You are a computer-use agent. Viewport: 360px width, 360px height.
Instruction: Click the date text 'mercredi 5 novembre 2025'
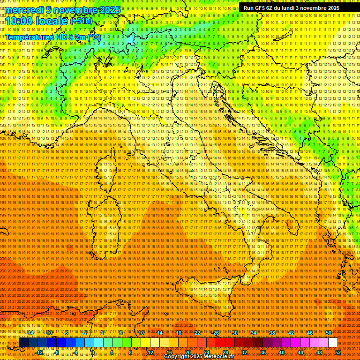[x=64, y=10]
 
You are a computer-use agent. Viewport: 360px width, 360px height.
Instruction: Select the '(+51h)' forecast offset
[x=81, y=21]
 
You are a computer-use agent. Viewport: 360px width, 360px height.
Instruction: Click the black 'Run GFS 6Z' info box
[x=292, y=8]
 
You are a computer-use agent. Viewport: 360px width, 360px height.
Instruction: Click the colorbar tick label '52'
[x=338, y=352]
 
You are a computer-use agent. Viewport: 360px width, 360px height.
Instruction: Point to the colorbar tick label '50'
[x=329, y=333]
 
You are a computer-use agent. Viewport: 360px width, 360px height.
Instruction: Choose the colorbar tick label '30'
[x=235, y=333]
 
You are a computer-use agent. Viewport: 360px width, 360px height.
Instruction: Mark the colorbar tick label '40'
[x=282, y=352]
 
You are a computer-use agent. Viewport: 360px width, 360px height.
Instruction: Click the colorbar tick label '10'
[x=141, y=333]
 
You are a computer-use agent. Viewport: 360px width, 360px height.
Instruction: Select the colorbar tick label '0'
[x=94, y=352]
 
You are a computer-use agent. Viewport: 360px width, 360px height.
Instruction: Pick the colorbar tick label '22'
[x=197, y=333]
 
